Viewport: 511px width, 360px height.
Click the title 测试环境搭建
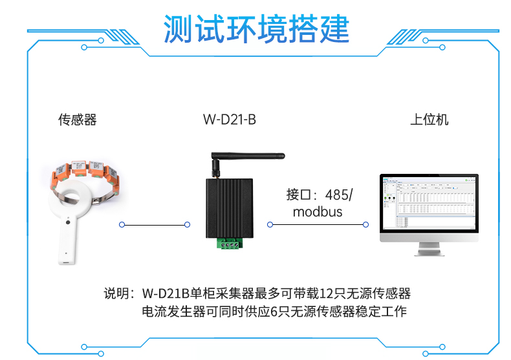[256, 28]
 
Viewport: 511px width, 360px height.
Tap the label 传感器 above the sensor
[77, 120]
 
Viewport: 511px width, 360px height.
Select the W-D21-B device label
[230, 120]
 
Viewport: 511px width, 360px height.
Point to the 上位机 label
[429, 120]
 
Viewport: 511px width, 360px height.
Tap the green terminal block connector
[230, 244]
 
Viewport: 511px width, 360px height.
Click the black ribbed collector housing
[230, 208]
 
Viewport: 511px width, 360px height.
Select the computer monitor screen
[429, 203]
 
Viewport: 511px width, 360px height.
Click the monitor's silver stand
[429, 249]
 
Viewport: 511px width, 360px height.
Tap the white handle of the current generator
[67, 241]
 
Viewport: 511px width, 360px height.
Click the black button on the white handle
[68, 222]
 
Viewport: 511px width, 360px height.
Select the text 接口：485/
[320, 195]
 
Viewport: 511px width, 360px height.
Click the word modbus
[318, 212]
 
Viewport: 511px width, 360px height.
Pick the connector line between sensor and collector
[155, 224]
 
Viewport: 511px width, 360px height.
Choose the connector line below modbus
[318, 224]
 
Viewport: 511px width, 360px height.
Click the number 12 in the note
[325, 293]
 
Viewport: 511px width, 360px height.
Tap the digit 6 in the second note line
[274, 312]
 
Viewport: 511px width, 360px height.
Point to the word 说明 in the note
[116, 293]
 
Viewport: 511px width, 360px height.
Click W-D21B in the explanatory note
[166, 293]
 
